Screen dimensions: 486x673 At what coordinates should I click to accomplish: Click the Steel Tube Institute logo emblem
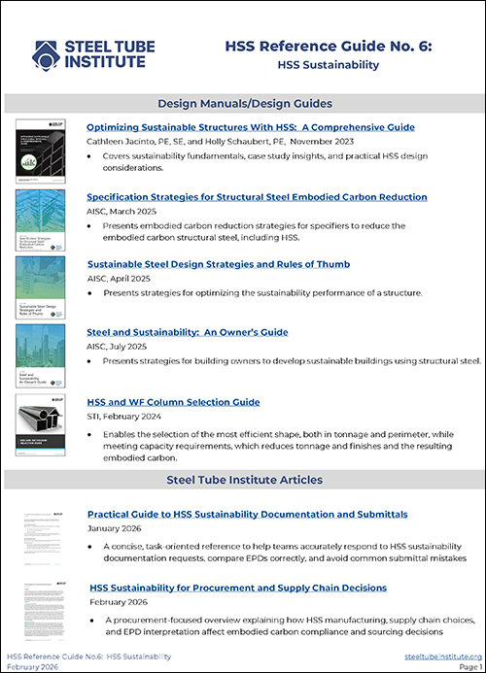(46, 53)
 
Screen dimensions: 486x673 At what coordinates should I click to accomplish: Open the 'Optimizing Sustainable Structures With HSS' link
(251, 127)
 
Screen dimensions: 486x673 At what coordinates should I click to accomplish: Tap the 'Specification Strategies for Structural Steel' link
(257, 196)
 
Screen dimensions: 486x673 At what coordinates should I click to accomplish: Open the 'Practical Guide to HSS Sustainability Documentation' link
(247, 514)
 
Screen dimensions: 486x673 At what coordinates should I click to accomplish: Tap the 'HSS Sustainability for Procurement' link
(238, 588)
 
